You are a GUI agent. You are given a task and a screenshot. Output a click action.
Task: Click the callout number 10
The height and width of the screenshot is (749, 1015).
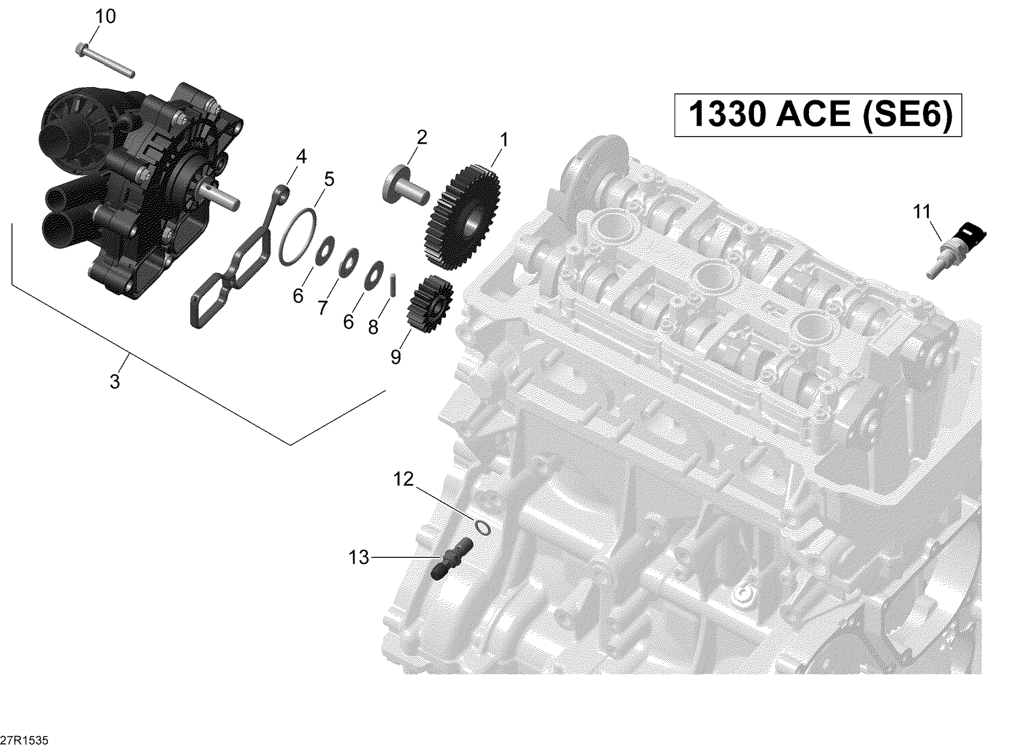click(106, 17)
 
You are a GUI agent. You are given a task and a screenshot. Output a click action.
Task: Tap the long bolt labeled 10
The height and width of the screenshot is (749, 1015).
click(104, 60)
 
